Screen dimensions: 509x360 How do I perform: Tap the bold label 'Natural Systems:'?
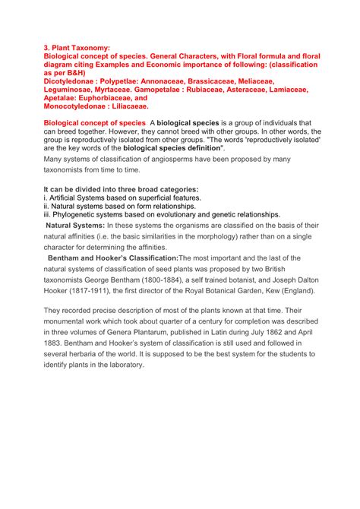tap(74, 226)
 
